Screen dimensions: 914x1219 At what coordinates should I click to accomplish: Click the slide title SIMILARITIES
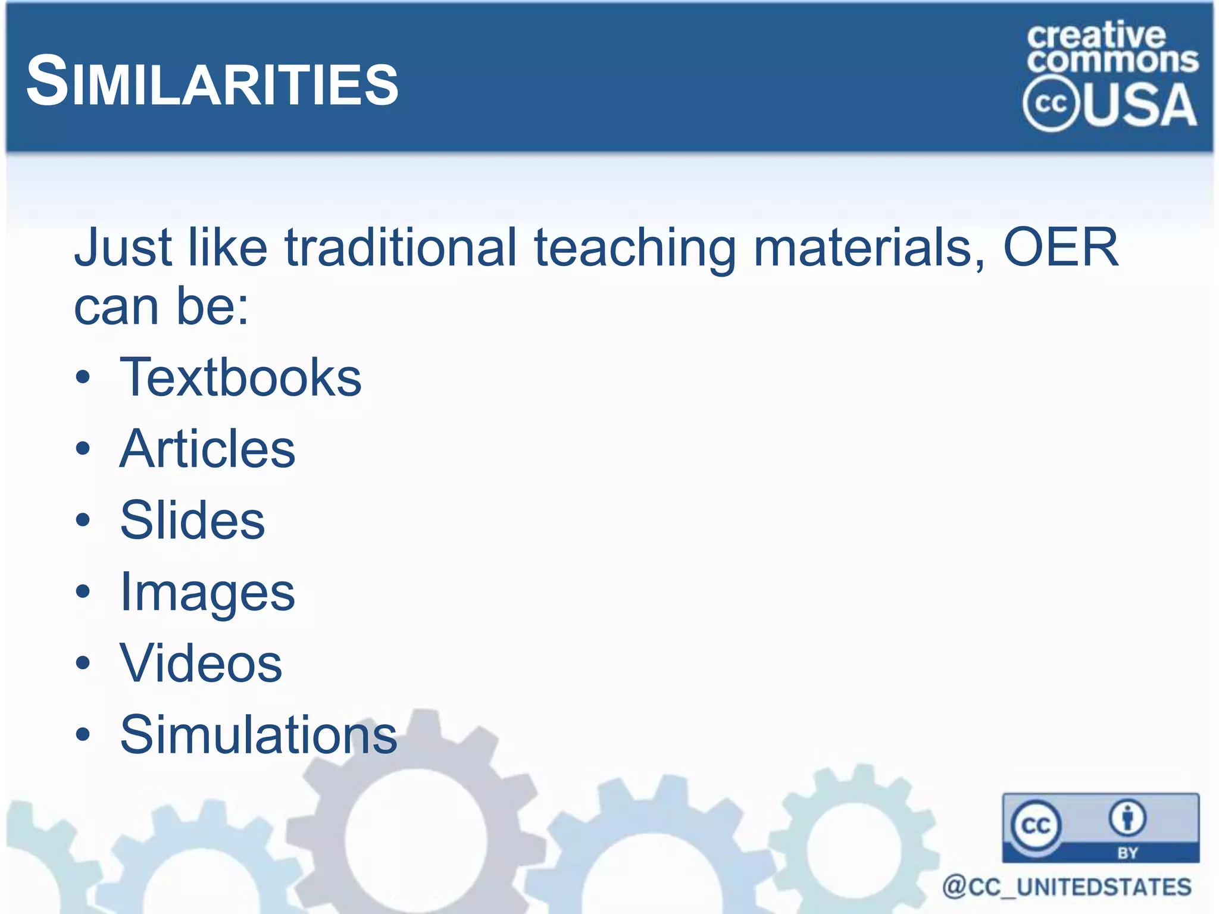(212, 82)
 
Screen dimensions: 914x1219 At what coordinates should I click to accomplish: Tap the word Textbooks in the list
(240, 377)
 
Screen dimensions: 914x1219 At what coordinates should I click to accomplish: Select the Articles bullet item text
(207, 449)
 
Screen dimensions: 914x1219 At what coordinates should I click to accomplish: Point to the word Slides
(192, 520)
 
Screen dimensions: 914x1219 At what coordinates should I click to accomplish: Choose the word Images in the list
(207, 593)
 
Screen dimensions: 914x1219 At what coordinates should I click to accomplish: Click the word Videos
(201, 663)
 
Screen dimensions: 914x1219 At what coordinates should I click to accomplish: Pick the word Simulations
(258, 735)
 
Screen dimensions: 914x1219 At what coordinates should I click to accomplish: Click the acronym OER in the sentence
(1060, 247)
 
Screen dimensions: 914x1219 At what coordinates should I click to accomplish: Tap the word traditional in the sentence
(401, 247)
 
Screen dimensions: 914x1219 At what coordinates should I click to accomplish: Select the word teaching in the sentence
(635, 248)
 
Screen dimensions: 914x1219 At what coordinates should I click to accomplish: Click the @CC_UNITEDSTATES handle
(1067, 887)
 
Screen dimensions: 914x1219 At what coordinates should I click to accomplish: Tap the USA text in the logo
(1140, 105)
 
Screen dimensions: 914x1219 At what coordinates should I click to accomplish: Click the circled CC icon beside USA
(1051, 104)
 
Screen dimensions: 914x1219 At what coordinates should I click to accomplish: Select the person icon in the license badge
(1127, 818)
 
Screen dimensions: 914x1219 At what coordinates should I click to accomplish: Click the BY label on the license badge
(1127, 853)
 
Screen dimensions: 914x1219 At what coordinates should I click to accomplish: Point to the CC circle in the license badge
(1036, 825)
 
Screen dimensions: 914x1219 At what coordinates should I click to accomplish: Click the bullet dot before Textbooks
(83, 377)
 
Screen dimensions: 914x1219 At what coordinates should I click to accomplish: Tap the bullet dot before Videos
(83, 663)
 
